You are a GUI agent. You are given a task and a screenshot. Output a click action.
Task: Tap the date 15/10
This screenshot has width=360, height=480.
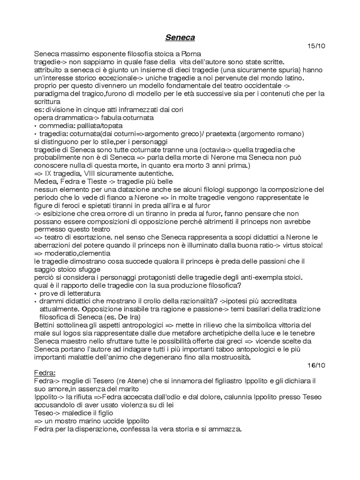pyautogui.click(x=315, y=46)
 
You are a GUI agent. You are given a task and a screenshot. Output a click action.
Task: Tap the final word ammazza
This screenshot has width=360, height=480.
pyautogui.click(x=225, y=428)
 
